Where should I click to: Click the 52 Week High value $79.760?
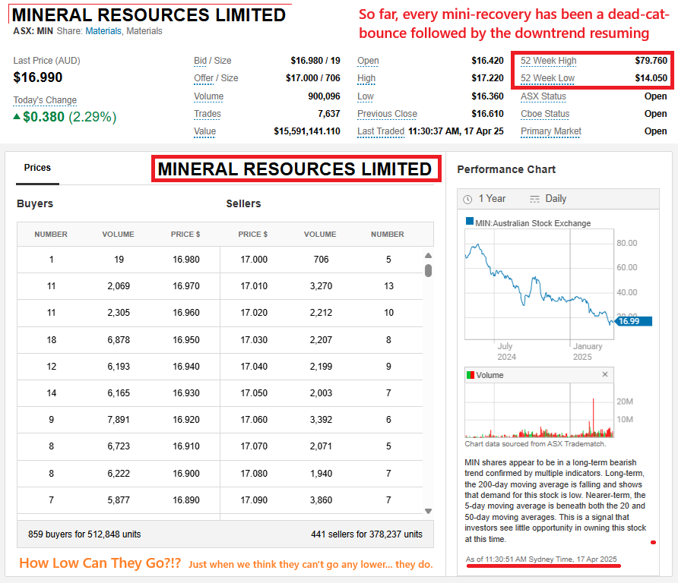(x=651, y=61)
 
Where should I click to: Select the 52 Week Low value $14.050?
(x=651, y=78)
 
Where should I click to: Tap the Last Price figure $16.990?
(x=38, y=77)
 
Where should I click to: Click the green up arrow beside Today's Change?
(x=17, y=117)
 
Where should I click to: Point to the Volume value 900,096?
(x=321, y=96)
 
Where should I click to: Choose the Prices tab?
(x=37, y=167)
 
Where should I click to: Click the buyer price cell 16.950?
(x=186, y=339)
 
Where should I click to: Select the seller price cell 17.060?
(x=254, y=419)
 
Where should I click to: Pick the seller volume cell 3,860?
(x=321, y=499)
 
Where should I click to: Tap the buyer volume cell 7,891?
(x=119, y=419)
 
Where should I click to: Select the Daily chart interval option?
(x=548, y=198)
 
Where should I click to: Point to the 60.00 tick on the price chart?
(x=626, y=267)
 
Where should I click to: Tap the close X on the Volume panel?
(x=605, y=374)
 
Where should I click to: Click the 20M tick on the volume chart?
(x=625, y=402)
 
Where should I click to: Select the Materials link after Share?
(x=103, y=31)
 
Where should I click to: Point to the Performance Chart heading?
(x=506, y=169)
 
